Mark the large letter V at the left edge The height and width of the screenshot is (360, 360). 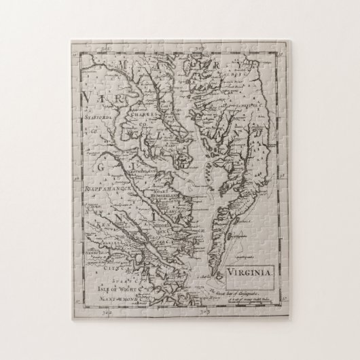[x=86, y=105]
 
